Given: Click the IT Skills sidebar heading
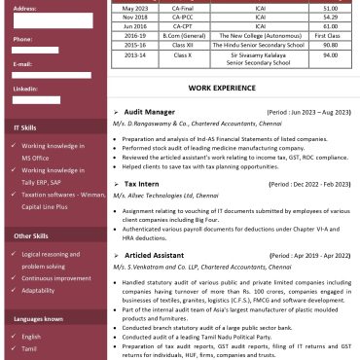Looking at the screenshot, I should tap(24, 127).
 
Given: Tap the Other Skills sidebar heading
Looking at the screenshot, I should tap(29, 235).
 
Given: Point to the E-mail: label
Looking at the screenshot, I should tap(24, 63).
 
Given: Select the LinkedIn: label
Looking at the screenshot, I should tap(26, 89).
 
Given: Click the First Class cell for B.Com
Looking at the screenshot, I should tap(330, 32).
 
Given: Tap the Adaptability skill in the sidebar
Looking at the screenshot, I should tap(38, 290).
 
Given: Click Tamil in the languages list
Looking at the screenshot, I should tap(30, 349).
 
